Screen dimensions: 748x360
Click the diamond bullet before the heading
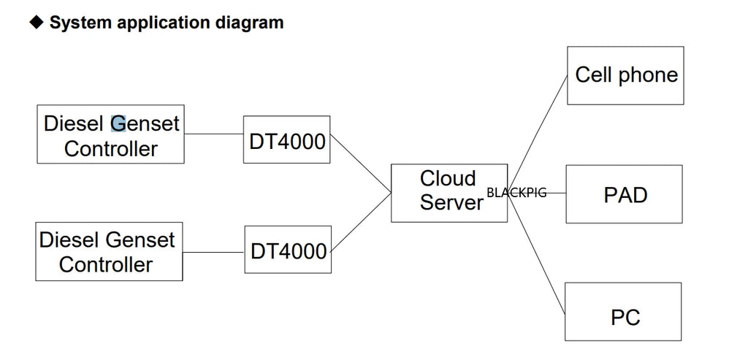(37, 21)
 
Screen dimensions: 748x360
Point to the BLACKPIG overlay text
(516, 193)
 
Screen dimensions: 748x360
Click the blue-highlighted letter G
(118, 123)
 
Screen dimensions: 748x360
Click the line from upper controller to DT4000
(214, 134)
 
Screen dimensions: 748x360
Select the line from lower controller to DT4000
(213, 252)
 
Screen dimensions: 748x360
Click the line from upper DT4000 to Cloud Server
(361, 164)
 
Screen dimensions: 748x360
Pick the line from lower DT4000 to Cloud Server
(361, 222)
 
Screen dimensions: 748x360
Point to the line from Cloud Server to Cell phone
(537, 134)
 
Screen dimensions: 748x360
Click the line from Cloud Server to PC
(536, 253)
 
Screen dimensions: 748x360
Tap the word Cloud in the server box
(448, 179)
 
